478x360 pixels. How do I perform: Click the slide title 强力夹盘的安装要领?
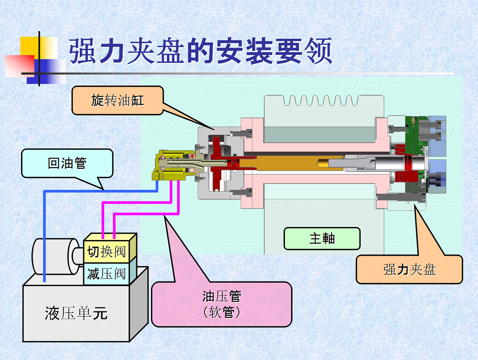point(200,51)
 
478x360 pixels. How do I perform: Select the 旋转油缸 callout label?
point(118,100)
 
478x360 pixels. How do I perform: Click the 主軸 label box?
point(322,238)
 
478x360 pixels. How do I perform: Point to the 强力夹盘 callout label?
point(409,270)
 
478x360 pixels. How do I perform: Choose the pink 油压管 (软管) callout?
point(221,304)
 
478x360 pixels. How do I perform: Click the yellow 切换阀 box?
point(106,252)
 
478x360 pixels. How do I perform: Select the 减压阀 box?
point(106,273)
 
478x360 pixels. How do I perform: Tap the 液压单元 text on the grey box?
point(76,313)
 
